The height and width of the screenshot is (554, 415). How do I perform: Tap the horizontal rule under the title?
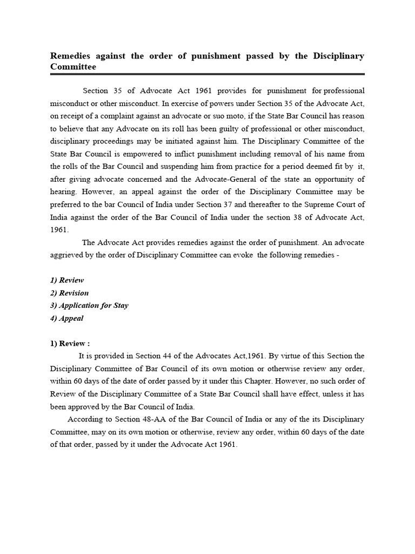click(207, 74)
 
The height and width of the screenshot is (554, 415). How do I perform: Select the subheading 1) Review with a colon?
click(70, 343)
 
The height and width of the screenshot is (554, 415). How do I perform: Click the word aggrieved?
click(66, 255)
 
